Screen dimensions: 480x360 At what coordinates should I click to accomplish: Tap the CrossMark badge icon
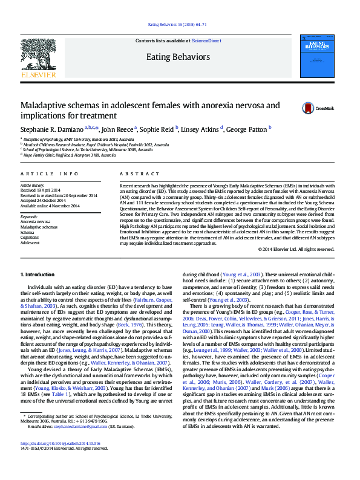pyautogui.click(x=308, y=108)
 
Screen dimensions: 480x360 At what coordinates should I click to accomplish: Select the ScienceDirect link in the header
pyautogui.click(x=206, y=41)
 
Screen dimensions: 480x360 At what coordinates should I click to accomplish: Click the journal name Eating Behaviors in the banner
pyautogui.click(x=178, y=57)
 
